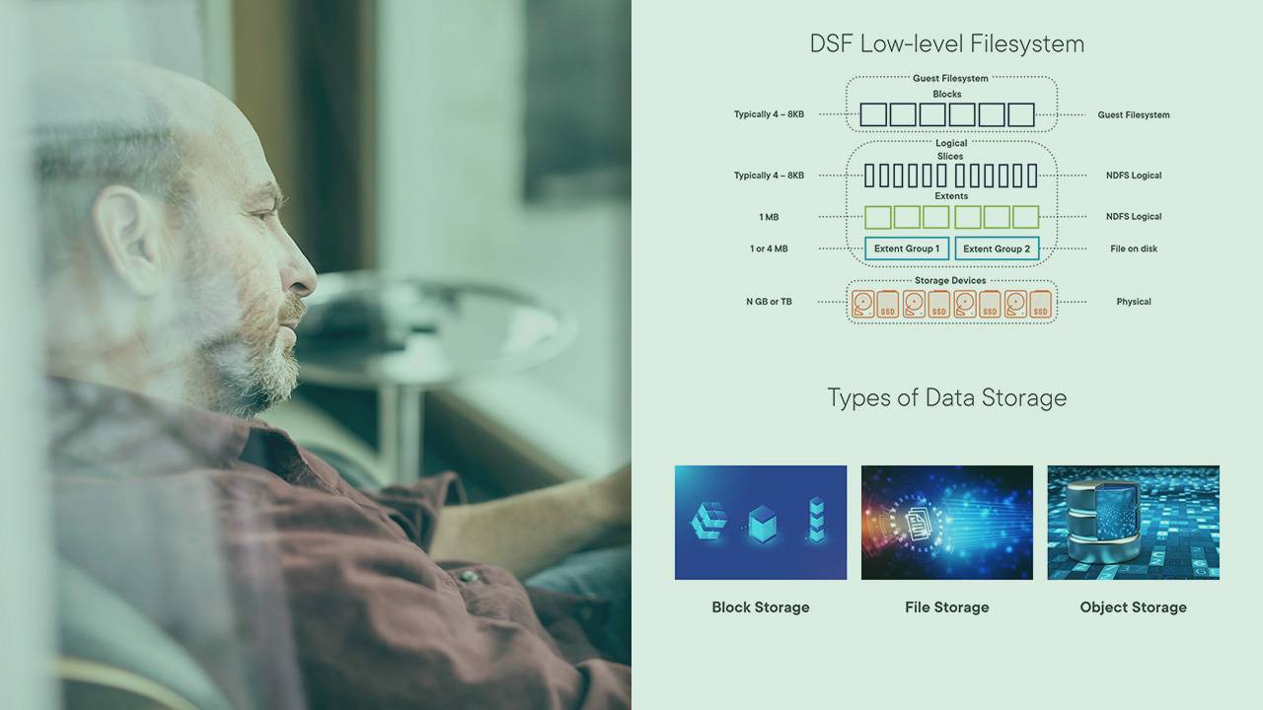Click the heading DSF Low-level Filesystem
[x=946, y=44]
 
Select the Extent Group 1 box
[x=907, y=248]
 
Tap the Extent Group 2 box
[x=997, y=248]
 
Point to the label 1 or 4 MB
[x=769, y=248]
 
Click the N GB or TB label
[x=769, y=302]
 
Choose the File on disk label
[x=1134, y=248]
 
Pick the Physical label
[x=1134, y=302]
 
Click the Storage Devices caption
[x=950, y=280]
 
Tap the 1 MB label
[x=769, y=217]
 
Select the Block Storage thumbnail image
[x=761, y=523]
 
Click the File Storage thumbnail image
[x=947, y=523]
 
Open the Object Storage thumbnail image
[x=1134, y=523]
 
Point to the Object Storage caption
[x=1134, y=606]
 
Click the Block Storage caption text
[x=761, y=606]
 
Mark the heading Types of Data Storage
[x=946, y=397]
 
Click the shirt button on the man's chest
[x=468, y=575]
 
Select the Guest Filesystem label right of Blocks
[x=1134, y=115]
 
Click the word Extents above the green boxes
[x=951, y=196]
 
